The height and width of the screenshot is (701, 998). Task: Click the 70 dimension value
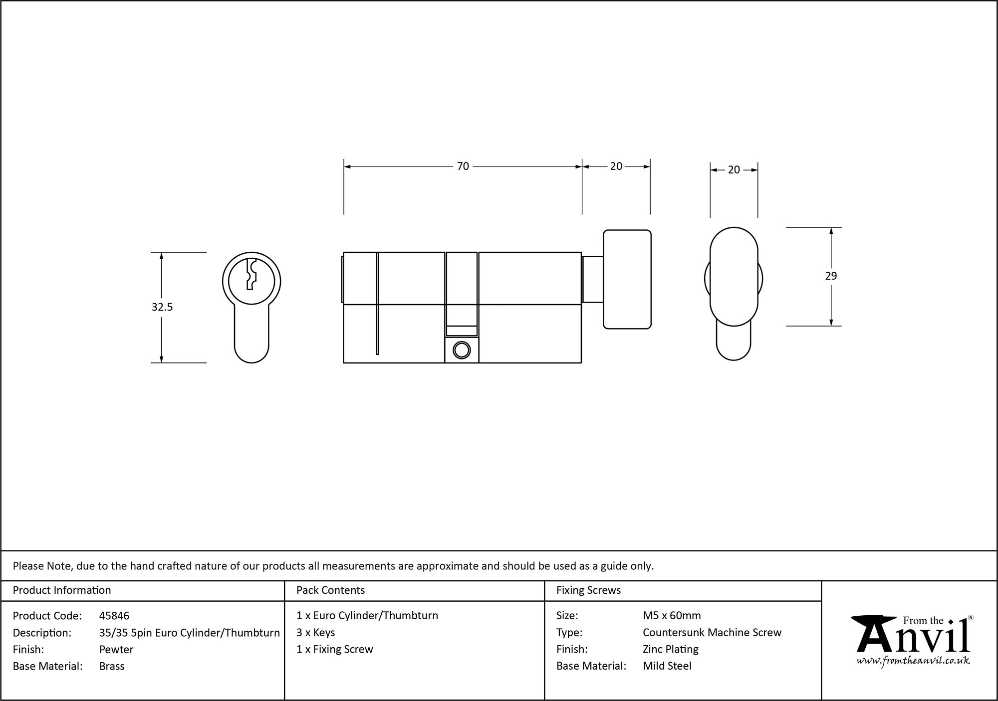click(463, 166)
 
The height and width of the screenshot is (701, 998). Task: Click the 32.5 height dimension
click(162, 307)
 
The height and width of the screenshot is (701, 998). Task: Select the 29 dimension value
click(830, 276)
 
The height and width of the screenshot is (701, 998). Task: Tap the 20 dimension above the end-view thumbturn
click(734, 170)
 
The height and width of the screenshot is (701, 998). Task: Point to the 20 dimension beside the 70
click(616, 166)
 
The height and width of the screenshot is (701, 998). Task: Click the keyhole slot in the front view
click(251, 275)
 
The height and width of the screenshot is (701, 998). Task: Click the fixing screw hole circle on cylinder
click(462, 350)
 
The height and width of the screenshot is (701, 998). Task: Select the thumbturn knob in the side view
click(627, 279)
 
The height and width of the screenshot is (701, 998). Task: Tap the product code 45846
click(114, 616)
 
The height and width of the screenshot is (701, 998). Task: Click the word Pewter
click(116, 649)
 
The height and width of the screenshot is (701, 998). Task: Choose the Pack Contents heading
click(330, 590)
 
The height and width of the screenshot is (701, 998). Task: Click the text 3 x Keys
click(315, 632)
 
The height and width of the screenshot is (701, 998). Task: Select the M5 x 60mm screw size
click(672, 616)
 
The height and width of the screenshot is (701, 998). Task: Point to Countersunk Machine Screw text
click(712, 632)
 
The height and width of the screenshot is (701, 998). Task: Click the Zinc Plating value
click(670, 649)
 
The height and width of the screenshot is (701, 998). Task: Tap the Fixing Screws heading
click(588, 590)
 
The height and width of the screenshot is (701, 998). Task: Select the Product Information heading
click(62, 590)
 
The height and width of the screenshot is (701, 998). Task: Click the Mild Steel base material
click(667, 666)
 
